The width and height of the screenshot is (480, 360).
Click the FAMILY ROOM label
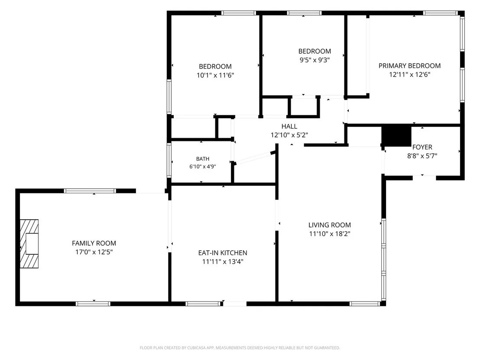(94, 243)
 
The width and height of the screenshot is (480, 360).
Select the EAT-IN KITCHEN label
(223, 253)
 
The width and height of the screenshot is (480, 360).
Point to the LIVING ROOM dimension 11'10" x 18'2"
(330, 234)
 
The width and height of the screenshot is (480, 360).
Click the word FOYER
(422, 147)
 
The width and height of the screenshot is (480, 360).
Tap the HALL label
(289, 126)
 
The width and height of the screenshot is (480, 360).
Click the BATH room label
(203, 159)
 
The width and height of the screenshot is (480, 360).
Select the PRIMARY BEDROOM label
(409, 66)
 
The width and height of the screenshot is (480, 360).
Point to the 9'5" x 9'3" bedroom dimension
(315, 60)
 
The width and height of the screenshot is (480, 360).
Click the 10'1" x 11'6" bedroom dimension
(215, 75)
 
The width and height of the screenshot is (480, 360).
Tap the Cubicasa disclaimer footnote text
(240, 348)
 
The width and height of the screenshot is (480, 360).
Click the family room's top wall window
(90, 191)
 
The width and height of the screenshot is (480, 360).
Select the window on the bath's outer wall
(169, 160)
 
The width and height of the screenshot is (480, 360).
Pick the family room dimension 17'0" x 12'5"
(94, 252)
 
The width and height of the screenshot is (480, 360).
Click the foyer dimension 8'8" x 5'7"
(422, 156)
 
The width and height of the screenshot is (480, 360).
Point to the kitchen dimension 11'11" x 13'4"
(223, 262)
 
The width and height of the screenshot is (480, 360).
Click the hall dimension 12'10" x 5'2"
(289, 135)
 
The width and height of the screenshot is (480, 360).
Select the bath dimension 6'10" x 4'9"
(203, 167)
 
